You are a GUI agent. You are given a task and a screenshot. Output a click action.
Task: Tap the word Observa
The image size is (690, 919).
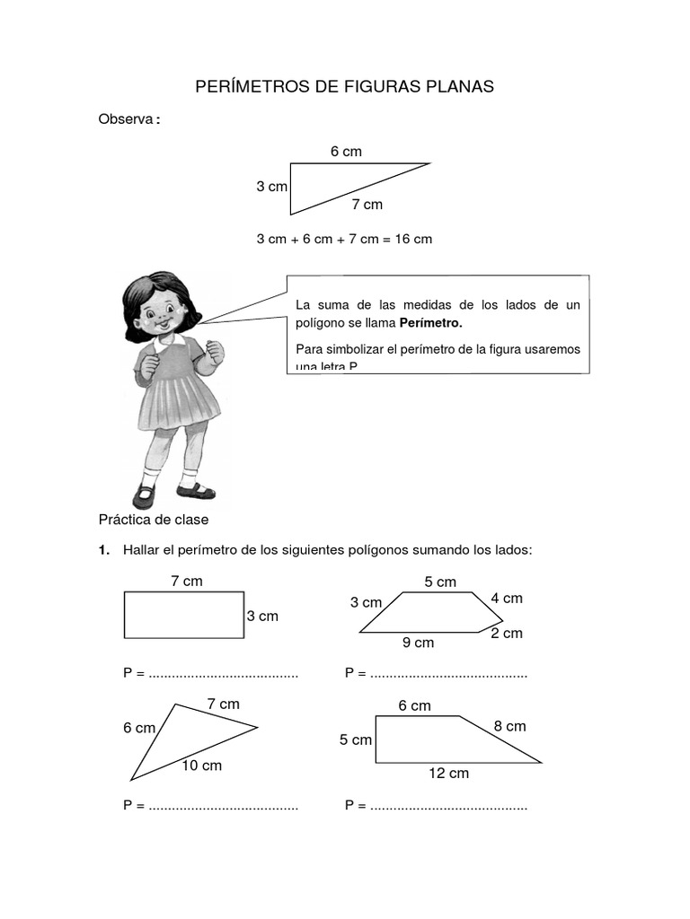[x=127, y=119]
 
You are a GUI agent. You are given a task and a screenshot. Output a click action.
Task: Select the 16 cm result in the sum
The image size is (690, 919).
[x=413, y=239]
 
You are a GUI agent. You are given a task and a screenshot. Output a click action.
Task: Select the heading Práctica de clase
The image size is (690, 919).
[x=153, y=520]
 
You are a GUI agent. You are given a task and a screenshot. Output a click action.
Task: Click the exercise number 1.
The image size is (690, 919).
[x=104, y=549]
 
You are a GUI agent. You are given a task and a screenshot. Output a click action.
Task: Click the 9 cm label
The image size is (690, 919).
[x=418, y=643]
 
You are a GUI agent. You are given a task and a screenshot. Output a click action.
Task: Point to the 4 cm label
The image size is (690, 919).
[x=507, y=599]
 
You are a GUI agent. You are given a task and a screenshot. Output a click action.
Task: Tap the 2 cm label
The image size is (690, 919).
[x=506, y=634]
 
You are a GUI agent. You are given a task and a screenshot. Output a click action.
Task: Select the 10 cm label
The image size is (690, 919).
[x=202, y=766]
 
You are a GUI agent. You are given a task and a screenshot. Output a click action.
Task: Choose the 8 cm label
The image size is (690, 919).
[x=509, y=726]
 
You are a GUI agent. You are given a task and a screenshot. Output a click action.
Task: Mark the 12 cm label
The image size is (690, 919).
[x=449, y=773]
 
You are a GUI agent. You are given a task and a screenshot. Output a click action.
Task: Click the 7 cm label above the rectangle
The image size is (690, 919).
[x=187, y=582]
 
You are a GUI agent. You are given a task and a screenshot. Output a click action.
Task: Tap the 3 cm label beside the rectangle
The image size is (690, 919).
[x=262, y=617]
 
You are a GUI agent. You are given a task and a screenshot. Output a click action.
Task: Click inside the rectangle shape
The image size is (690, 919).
[x=183, y=615]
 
